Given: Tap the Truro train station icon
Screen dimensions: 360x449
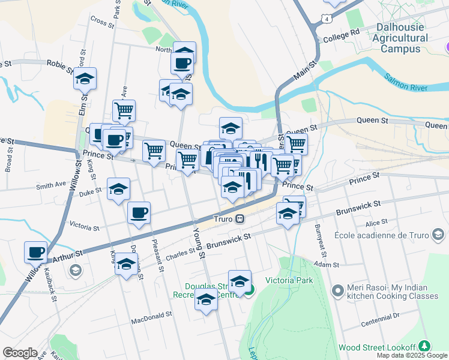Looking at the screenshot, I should tap(240, 219).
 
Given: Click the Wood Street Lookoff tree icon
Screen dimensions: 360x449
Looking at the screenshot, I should tap(425, 346).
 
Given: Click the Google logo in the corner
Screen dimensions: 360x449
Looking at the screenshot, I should tap(20, 352).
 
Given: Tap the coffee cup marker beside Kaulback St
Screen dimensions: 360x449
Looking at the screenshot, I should tap(35, 252).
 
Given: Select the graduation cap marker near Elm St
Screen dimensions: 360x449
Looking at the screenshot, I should tap(85, 78).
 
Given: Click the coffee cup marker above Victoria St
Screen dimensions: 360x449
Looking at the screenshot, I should tap(139, 212).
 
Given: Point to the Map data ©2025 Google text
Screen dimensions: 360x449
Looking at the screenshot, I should tap(411, 355).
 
